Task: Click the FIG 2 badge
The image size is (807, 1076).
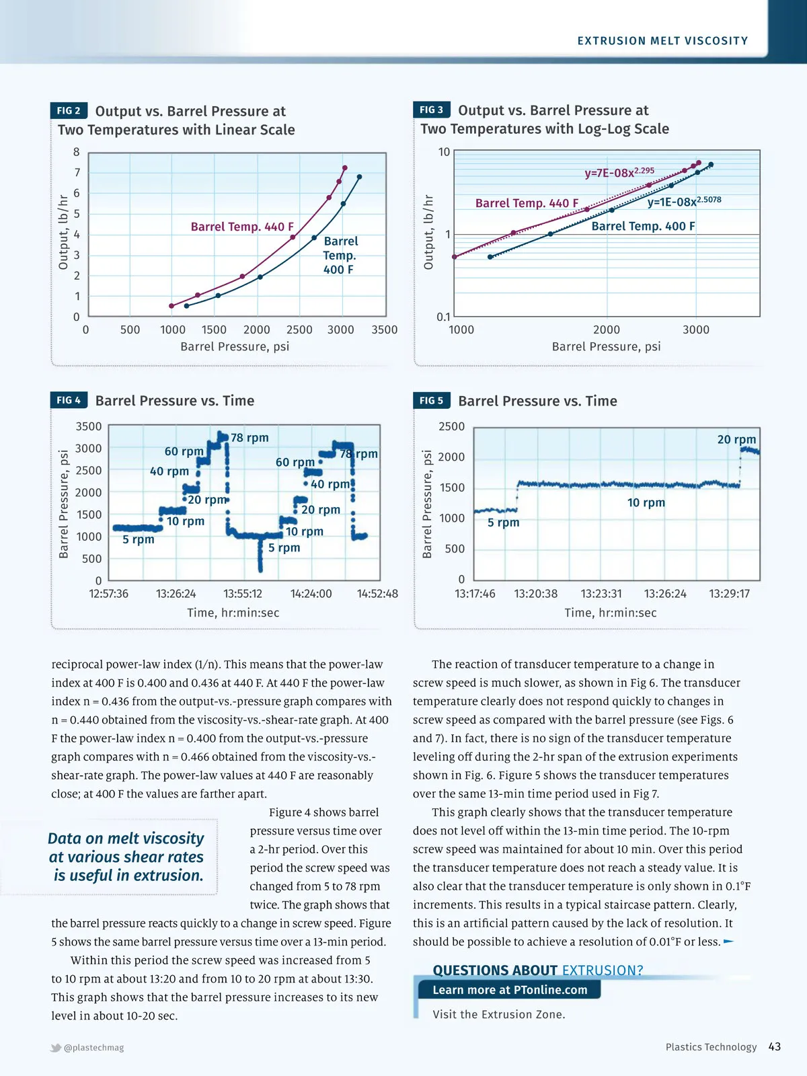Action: pyautogui.click(x=69, y=110)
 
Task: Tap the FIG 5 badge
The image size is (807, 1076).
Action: pyautogui.click(x=431, y=400)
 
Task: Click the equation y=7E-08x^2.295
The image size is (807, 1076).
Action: pyautogui.click(x=619, y=172)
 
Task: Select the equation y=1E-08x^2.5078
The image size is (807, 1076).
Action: pyautogui.click(x=683, y=201)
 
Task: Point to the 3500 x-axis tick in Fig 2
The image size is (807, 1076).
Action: pyautogui.click(x=385, y=330)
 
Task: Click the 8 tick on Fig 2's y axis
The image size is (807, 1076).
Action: pyautogui.click(x=77, y=152)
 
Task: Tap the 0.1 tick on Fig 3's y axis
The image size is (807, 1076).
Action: pyautogui.click(x=443, y=317)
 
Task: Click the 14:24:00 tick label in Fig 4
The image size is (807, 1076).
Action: pyautogui.click(x=311, y=594)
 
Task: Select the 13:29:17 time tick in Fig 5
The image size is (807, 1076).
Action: pyautogui.click(x=729, y=594)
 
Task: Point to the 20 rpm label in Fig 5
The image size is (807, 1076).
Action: pyautogui.click(x=736, y=439)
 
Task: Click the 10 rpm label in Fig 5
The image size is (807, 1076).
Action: pyautogui.click(x=646, y=502)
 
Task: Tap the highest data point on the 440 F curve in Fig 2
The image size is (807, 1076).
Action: pyautogui.click(x=345, y=167)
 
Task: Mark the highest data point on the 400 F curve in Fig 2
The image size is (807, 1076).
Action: pyautogui.click(x=359, y=177)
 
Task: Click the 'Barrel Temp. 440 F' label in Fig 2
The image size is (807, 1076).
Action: pyautogui.click(x=242, y=227)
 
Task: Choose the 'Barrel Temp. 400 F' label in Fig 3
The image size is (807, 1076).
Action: pyautogui.click(x=643, y=226)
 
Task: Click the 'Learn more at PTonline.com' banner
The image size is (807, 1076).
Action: pyautogui.click(x=509, y=990)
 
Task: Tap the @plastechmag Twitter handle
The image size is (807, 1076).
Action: pyautogui.click(x=93, y=1047)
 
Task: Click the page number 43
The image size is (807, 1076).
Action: pyautogui.click(x=774, y=1046)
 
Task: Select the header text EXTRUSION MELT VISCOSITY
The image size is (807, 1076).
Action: pyautogui.click(x=662, y=41)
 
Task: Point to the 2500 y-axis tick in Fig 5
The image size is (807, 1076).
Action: pyautogui.click(x=451, y=426)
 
